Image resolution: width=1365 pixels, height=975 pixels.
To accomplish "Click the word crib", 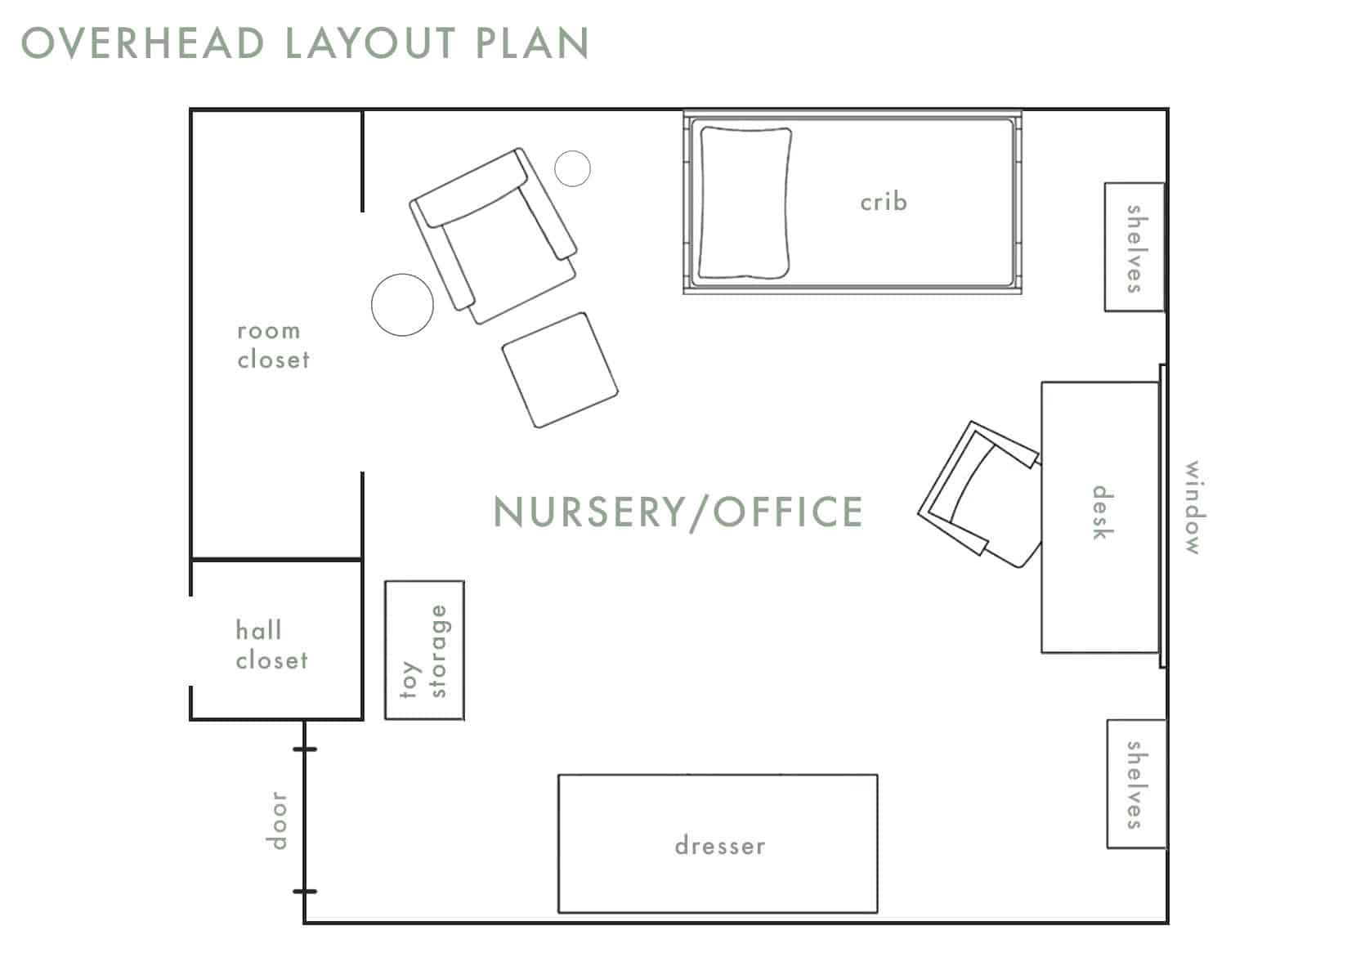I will (884, 202).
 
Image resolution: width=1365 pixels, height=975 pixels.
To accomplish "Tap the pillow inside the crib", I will (745, 203).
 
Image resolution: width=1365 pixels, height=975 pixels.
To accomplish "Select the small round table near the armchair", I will (572, 168).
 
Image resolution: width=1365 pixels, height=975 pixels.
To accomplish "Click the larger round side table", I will (402, 304).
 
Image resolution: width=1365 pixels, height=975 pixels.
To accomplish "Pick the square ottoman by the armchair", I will (559, 369).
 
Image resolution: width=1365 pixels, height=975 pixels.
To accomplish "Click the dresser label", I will (720, 846).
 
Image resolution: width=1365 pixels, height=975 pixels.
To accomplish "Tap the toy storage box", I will (424, 651).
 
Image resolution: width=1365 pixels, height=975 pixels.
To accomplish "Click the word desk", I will (1102, 512).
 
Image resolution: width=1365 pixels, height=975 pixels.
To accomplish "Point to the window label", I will (1193, 508).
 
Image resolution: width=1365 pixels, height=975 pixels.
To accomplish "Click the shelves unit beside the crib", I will (1134, 247).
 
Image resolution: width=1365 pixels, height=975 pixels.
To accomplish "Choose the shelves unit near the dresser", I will (1135, 784).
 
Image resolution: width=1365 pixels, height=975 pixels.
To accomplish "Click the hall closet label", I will (271, 646).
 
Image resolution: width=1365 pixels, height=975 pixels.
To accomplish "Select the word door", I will (278, 820).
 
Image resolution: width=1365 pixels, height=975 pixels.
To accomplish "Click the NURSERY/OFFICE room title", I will (678, 512).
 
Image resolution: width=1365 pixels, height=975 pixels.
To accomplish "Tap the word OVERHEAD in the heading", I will (143, 43).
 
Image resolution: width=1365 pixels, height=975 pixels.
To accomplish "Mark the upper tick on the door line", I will (305, 749).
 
